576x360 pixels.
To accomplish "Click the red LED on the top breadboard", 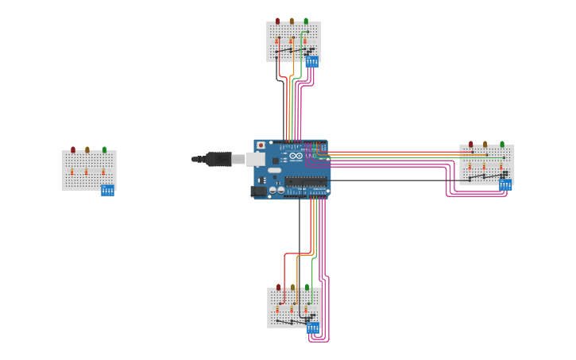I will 277,21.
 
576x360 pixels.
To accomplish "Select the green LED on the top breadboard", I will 306,21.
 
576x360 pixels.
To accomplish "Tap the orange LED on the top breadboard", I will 292,21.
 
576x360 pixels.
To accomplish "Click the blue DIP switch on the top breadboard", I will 312,61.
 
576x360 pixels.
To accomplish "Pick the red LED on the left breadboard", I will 73,149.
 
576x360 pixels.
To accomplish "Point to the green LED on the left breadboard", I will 104,149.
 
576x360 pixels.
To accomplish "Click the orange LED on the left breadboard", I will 87,149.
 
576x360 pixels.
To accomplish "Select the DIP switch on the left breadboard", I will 107,190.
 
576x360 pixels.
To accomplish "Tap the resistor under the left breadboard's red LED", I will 72,171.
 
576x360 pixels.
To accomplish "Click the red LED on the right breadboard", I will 470,144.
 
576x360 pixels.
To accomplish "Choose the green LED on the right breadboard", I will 502,144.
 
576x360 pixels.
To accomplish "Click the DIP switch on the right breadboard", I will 505,185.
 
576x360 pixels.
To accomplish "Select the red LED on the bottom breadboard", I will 278,287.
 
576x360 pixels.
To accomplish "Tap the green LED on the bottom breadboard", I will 307,287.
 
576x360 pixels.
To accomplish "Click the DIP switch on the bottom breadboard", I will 313,327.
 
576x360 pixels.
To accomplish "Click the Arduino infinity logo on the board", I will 296,156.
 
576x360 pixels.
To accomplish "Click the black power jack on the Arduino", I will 259,191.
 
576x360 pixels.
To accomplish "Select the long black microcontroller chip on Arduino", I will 306,180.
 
